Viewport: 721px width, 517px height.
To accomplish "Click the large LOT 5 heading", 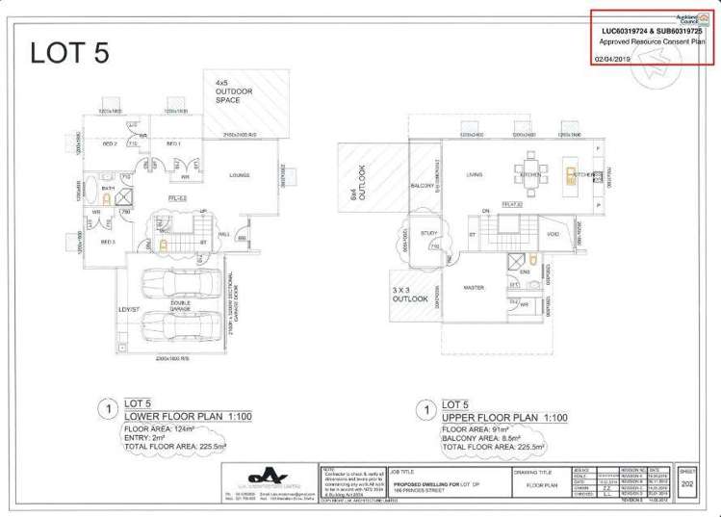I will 69,53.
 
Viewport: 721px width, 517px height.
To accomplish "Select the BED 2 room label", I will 110,143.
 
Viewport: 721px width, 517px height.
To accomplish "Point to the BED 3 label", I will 110,242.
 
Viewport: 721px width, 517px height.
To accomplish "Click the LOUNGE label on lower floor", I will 240,175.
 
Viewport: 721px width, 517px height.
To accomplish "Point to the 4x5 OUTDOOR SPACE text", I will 234,92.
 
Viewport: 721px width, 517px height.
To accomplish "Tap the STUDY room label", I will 429,233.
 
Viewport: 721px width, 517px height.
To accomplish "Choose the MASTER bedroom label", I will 473,287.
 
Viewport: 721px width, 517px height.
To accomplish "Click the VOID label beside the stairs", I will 553,233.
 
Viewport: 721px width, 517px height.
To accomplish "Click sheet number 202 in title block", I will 687,484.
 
